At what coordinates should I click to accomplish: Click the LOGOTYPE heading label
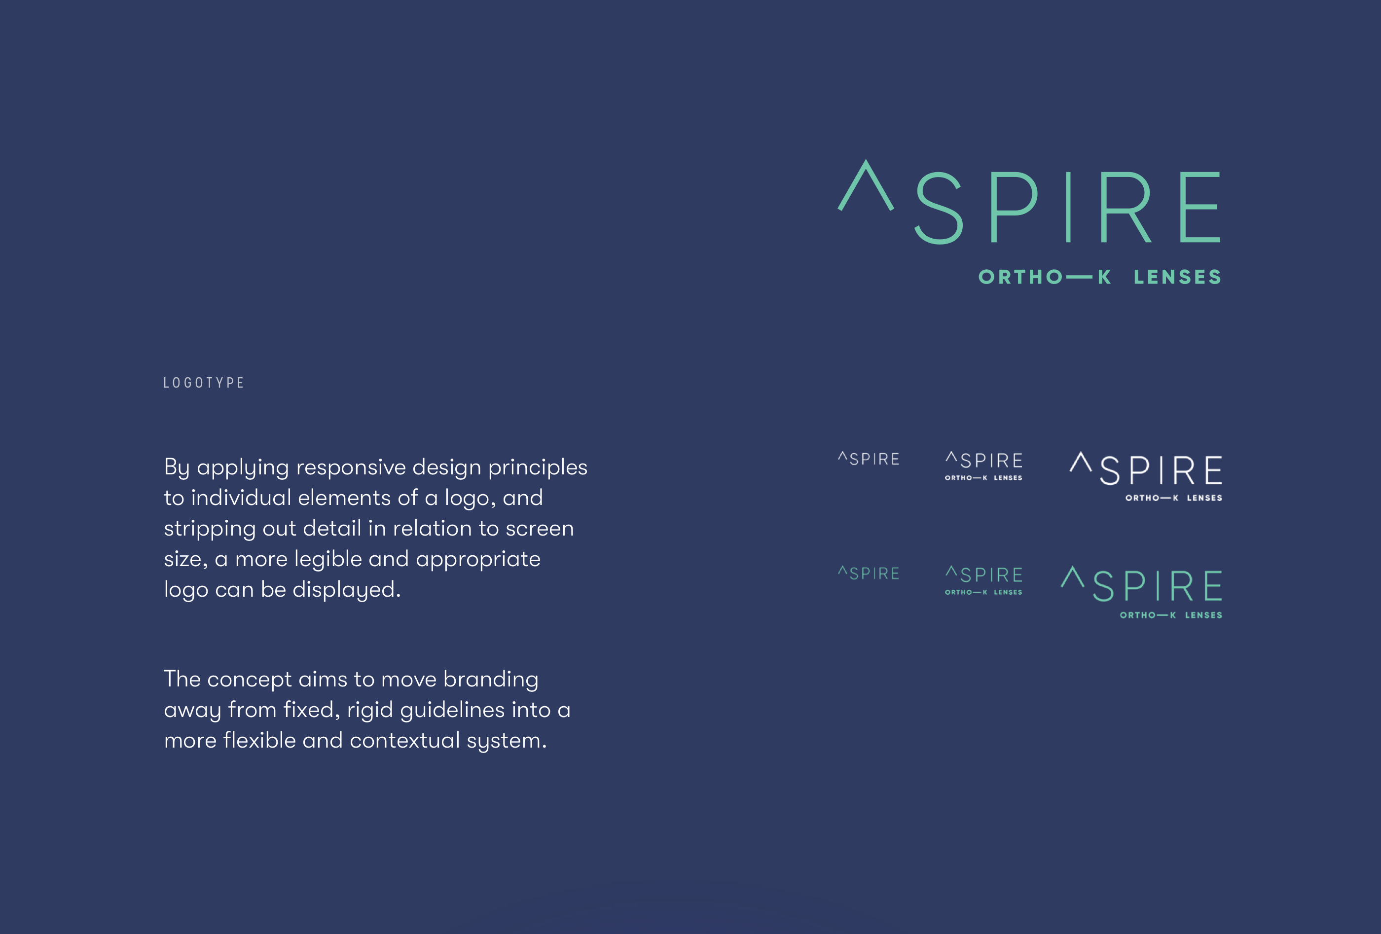pyautogui.click(x=204, y=383)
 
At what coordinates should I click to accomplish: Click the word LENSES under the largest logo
pyautogui.click(x=1178, y=277)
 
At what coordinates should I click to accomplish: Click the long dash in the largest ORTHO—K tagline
pyautogui.click(x=1079, y=277)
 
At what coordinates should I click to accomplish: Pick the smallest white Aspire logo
pyautogui.click(x=869, y=459)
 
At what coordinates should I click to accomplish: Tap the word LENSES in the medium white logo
pyautogui.click(x=1009, y=478)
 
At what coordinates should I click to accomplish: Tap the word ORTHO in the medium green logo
pyautogui.click(x=958, y=592)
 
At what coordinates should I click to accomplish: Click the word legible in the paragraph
pyautogui.click(x=328, y=560)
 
